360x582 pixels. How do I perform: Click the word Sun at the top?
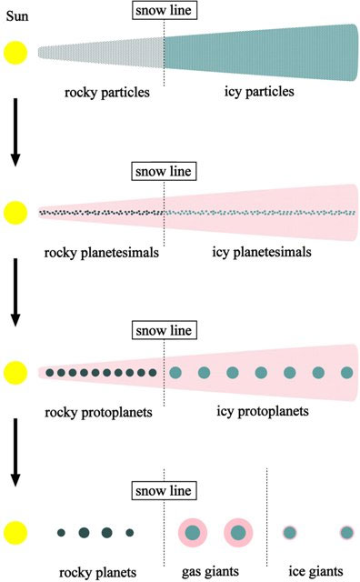pyautogui.click(x=17, y=16)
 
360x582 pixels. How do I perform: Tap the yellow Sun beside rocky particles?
pyautogui.click(x=15, y=53)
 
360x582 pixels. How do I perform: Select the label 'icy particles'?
pyautogui.click(x=259, y=91)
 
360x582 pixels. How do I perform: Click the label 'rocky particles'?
pyautogui.click(x=107, y=93)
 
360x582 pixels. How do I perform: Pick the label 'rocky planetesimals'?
pyautogui.click(x=101, y=253)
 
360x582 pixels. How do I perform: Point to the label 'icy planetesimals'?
pyautogui.click(x=262, y=252)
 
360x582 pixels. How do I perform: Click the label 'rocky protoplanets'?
pyautogui.click(x=98, y=412)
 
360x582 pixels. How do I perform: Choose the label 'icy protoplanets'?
pyautogui.click(x=263, y=411)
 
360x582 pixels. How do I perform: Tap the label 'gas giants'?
pyautogui.click(x=210, y=572)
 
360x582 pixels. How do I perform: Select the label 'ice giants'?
pyautogui.click(x=315, y=571)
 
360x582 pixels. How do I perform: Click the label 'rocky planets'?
pyautogui.click(x=97, y=572)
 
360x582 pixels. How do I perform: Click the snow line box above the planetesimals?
pyautogui.click(x=164, y=172)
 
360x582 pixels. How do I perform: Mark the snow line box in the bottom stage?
pyautogui.click(x=164, y=491)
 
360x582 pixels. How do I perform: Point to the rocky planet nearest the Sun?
pyautogui.click(x=61, y=533)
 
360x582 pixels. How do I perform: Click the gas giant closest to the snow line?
pyautogui.click(x=193, y=533)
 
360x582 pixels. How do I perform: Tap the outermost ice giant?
pyautogui.click(x=346, y=533)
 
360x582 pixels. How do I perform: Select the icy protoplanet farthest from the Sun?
pyautogui.click(x=347, y=373)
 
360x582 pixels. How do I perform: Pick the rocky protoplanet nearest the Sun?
pyautogui.click(x=50, y=373)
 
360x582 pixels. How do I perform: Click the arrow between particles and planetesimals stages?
pyautogui.click(x=15, y=132)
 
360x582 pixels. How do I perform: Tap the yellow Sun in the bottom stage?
pyautogui.click(x=15, y=533)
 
